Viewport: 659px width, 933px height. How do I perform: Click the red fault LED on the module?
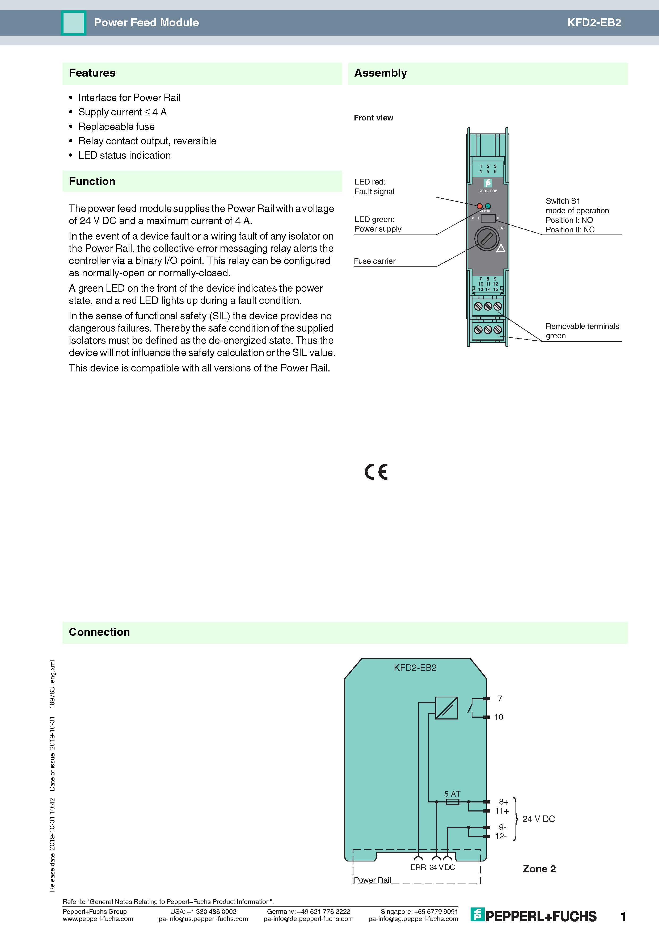coord(480,206)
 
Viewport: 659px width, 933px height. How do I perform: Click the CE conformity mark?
coord(376,472)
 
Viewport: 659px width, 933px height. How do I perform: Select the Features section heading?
coord(92,73)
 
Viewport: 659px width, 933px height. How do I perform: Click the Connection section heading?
coord(99,632)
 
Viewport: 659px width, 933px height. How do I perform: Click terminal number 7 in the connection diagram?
coord(500,698)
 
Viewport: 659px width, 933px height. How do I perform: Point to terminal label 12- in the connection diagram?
coord(501,836)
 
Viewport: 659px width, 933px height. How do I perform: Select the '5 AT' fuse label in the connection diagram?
coord(452,794)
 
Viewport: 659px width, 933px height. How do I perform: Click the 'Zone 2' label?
coord(539,869)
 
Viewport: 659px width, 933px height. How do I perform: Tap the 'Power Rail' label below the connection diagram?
coord(372,880)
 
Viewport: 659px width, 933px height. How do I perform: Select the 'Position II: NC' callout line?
coord(570,229)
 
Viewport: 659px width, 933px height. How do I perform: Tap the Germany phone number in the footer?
coord(308,911)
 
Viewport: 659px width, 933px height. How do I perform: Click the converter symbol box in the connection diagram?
coord(447,708)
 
